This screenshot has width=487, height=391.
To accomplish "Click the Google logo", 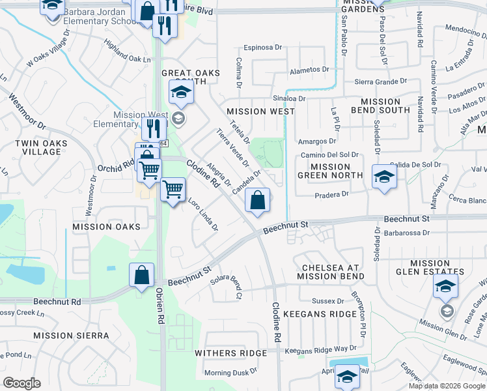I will [21, 383].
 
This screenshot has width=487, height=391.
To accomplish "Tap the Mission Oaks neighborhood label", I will [106, 227].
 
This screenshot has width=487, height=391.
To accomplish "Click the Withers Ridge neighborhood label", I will [230, 353].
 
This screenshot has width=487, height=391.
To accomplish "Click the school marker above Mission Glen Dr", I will [446, 285].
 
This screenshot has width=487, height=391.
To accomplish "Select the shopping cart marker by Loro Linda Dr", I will [173, 190].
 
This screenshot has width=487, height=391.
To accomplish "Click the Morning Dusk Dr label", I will [230, 373].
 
